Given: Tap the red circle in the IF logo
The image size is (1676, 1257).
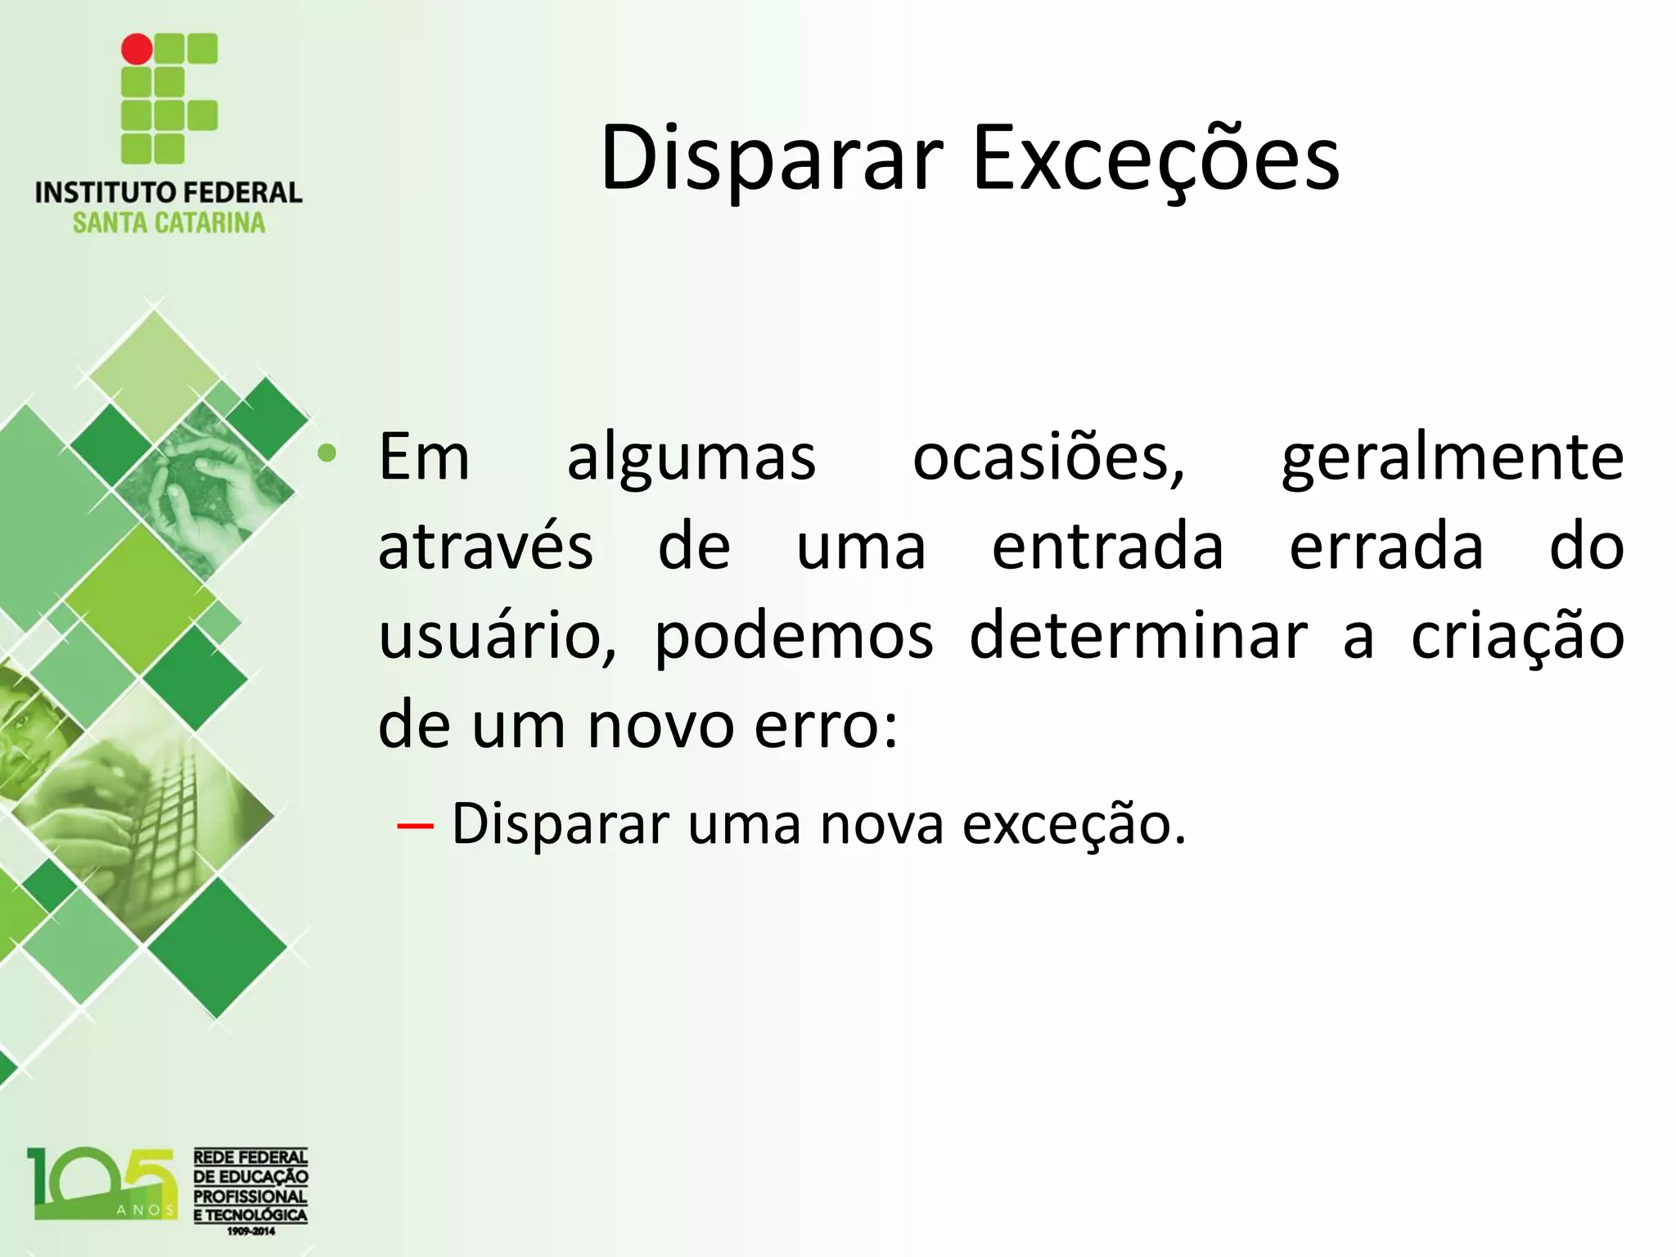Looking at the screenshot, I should [x=137, y=49].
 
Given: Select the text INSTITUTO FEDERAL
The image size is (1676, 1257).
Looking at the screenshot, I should [x=169, y=193].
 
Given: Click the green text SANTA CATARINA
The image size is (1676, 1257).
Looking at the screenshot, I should [x=169, y=223].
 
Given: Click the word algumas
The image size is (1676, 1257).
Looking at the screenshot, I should [x=692, y=457].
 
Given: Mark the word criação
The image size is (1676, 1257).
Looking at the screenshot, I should [x=1517, y=638].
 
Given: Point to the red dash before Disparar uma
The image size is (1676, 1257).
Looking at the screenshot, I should [x=415, y=826].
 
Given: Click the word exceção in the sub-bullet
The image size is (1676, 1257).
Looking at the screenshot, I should [x=1073, y=824].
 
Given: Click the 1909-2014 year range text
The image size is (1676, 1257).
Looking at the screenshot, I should [x=250, y=1231].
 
